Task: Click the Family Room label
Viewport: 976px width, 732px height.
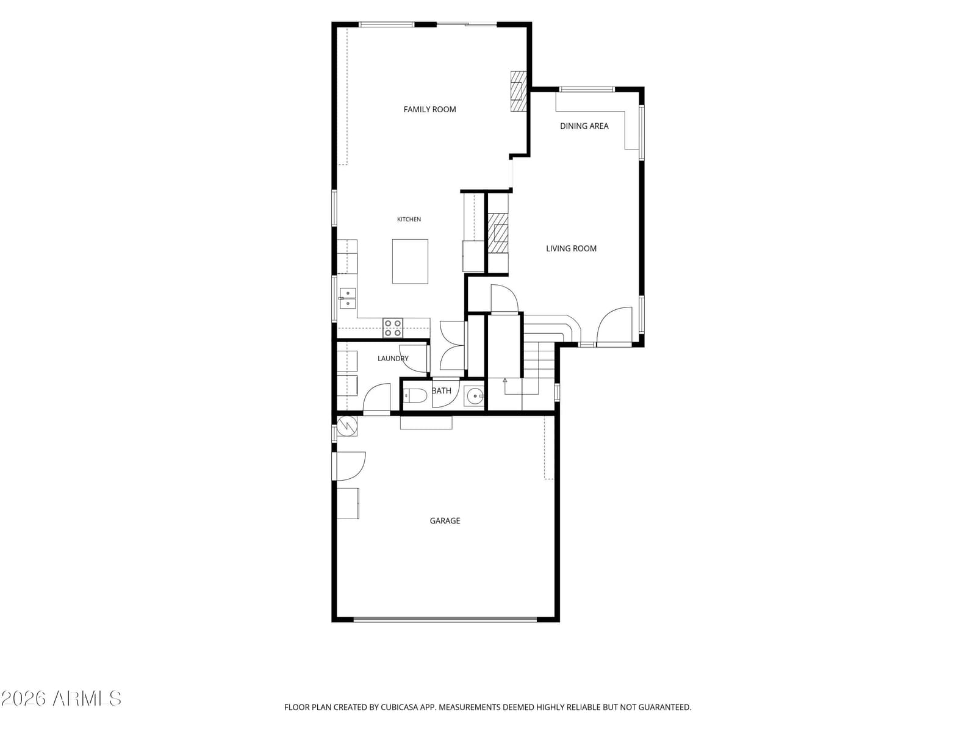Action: (x=429, y=109)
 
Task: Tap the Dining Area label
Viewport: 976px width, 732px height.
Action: (x=584, y=126)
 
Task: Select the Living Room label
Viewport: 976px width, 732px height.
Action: (x=571, y=248)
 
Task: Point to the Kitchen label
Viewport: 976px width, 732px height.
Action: (x=409, y=219)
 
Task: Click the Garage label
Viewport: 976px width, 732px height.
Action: (x=445, y=520)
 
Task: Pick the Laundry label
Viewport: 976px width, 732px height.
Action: (x=393, y=358)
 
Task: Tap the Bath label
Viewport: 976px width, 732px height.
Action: (x=442, y=390)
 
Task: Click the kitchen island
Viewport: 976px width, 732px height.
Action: (x=410, y=261)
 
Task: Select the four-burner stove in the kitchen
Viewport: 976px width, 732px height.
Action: (x=393, y=328)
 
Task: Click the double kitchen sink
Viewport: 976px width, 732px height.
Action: (x=347, y=299)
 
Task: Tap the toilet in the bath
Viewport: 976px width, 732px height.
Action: (x=414, y=395)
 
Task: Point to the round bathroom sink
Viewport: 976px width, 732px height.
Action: (x=474, y=395)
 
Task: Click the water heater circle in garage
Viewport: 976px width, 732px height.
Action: (x=347, y=426)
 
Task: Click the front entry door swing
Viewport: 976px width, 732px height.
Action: (x=614, y=325)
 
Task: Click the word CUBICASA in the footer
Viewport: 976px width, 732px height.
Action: (x=400, y=707)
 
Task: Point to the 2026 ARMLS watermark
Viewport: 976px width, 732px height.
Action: (x=62, y=698)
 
